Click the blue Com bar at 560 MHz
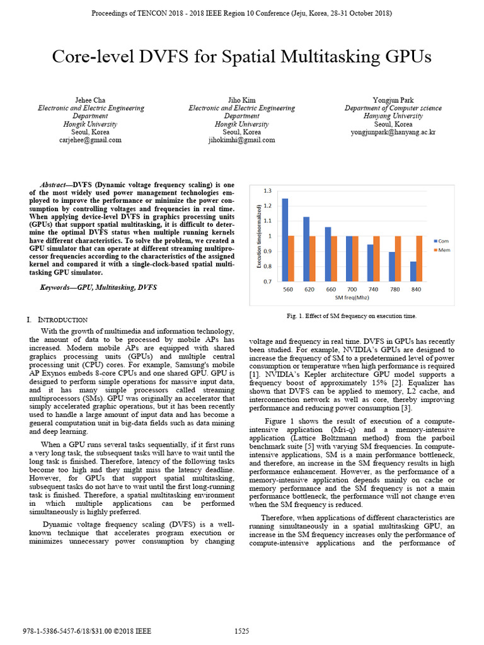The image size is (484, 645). [285, 239]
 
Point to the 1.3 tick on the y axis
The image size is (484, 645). [267, 190]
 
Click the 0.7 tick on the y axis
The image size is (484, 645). [267, 282]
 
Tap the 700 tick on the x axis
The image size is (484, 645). [352, 289]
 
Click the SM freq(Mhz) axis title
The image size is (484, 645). [352, 297]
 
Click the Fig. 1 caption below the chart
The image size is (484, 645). [351, 316]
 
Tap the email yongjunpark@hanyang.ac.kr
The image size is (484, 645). [393, 133]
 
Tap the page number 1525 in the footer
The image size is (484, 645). [242, 631]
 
